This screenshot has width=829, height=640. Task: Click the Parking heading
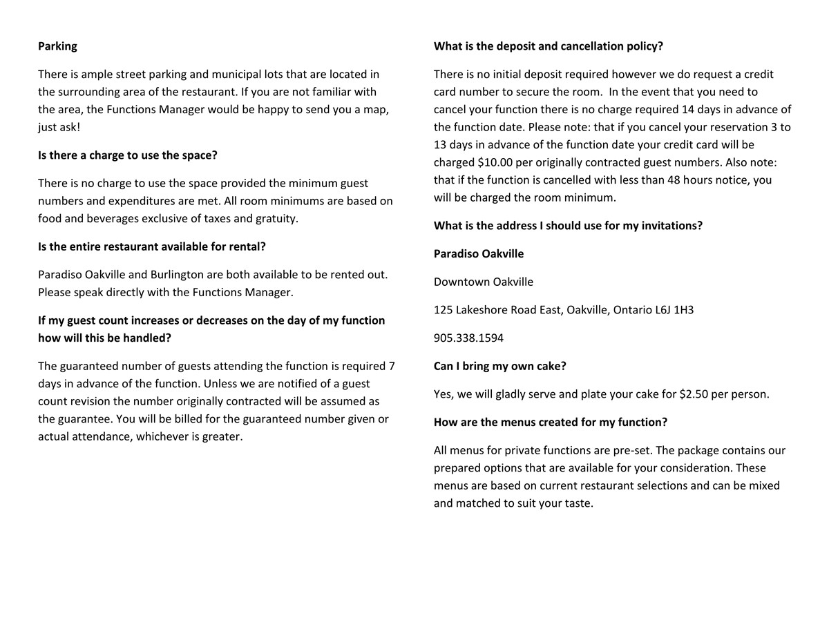coord(57,46)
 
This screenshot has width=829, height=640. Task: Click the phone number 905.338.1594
coord(468,338)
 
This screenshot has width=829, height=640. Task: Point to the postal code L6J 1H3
coord(674,310)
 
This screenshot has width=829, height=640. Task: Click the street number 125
coord(443,310)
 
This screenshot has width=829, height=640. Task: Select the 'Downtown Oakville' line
coord(484,282)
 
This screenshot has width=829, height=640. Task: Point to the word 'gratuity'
coord(274,218)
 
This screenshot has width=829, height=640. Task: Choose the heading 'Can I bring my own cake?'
coord(499,366)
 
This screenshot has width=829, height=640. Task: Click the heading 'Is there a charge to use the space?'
coord(128,155)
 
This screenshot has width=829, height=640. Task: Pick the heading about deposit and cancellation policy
coord(549,46)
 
